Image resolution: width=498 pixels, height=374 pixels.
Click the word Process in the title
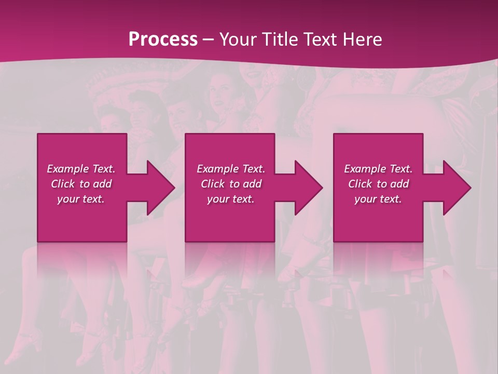point(163,39)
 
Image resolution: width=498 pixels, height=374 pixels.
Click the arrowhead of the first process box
point(160,188)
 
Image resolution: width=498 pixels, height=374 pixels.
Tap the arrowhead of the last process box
point(457,188)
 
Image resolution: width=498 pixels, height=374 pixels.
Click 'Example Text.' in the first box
point(81,169)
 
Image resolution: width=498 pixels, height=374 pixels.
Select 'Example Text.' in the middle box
point(231,169)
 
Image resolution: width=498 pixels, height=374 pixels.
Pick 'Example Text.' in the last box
point(378,169)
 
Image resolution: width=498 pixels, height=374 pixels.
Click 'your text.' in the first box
point(81,199)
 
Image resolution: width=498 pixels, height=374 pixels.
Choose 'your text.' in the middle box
point(231,199)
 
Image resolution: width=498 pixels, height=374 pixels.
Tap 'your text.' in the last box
point(378,199)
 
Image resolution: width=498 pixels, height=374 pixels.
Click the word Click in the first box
point(63,184)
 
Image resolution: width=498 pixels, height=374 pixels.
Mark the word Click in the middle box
point(213,184)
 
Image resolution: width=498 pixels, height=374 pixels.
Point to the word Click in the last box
point(360,184)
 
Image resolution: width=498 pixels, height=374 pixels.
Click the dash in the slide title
point(209,40)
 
